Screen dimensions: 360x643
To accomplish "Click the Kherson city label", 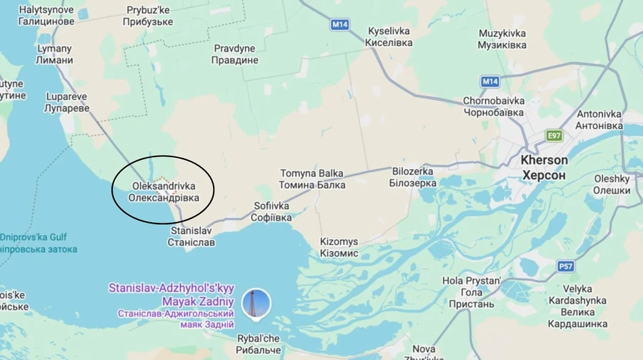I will (544, 167).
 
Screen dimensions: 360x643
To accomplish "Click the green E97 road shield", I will (554, 135).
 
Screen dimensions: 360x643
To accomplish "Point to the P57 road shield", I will (566, 266).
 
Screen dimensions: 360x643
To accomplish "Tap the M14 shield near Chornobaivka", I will (489, 81).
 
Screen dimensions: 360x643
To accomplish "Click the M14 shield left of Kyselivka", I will (339, 24).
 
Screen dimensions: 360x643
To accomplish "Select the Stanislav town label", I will (191, 236).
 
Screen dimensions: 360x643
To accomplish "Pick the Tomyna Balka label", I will (312, 179).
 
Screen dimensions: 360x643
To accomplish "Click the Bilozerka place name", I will (414, 177).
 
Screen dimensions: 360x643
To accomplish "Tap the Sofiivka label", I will (272, 211).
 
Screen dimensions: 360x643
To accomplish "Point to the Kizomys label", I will (339, 247).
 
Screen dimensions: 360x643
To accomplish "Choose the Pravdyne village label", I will (236, 54).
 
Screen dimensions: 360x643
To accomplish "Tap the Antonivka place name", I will (599, 119).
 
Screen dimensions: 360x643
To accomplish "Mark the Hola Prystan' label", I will (472, 292).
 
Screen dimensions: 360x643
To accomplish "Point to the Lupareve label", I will (66, 102).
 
